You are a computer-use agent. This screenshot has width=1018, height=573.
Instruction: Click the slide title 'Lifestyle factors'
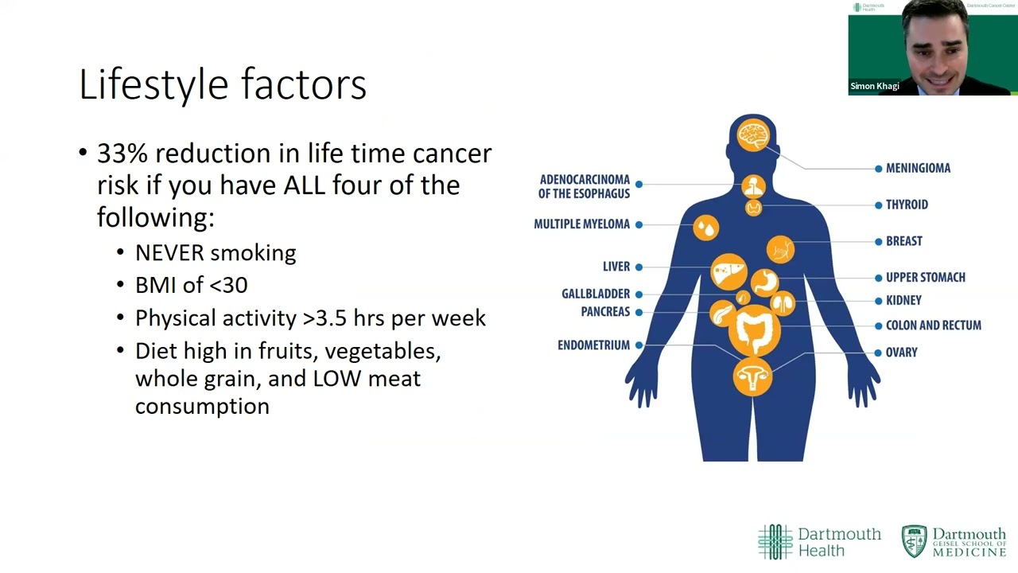coord(223,84)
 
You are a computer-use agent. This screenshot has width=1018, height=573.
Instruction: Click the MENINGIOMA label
coord(918,168)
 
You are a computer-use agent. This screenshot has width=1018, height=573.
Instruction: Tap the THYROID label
coord(907,205)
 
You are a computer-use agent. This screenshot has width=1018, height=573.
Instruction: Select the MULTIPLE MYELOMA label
coord(581,224)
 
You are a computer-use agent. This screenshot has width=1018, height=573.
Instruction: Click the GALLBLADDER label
coord(596,294)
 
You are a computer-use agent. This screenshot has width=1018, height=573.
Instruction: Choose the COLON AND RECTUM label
coord(933,325)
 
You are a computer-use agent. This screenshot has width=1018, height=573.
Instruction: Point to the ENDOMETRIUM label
coord(593,345)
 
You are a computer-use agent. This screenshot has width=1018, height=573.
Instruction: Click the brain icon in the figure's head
coord(752,134)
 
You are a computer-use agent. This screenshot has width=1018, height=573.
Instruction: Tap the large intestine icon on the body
coord(752,330)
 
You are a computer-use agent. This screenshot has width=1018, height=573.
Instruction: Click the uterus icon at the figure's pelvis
coord(752,376)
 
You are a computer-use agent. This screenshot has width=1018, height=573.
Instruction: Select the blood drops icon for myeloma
coord(705,228)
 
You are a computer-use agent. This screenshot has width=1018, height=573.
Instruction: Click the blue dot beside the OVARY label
coord(878,353)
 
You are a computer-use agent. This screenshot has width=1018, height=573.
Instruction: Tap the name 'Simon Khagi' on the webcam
coord(874,86)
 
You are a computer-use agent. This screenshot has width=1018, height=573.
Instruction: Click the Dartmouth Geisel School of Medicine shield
coord(914,541)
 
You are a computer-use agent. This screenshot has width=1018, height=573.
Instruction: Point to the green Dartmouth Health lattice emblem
coord(775,542)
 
